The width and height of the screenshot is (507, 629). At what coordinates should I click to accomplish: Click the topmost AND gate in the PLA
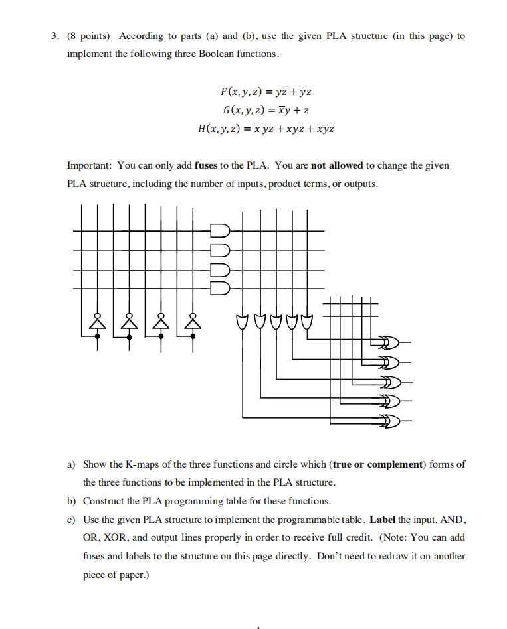point(219,231)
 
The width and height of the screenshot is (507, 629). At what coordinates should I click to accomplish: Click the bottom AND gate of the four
point(219,288)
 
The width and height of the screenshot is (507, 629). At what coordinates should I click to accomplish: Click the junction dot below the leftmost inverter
point(98,336)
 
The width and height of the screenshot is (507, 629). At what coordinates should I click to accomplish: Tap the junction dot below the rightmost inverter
point(193,336)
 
